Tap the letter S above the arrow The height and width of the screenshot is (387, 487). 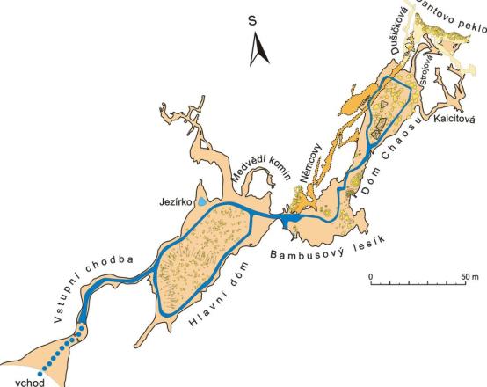coord(252,19)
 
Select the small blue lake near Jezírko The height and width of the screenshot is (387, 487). coord(203,201)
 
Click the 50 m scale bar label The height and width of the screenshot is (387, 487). coord(468,276)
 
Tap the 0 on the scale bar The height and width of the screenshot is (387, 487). coord(372,276)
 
